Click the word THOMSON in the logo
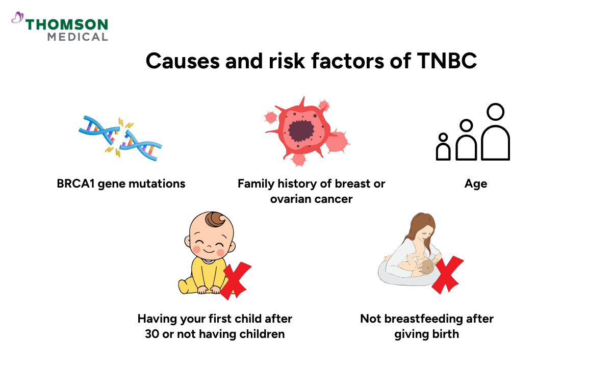(x=67, y=24)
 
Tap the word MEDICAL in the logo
(x=78, y=37)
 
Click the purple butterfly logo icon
(x=17, y=18)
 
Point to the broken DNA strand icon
(x=120, y=137)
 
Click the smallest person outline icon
(x=443, y=148)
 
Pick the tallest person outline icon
(x=495, y=134)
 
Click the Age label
(x=476, y=183)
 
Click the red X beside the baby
(x=235, y=280)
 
